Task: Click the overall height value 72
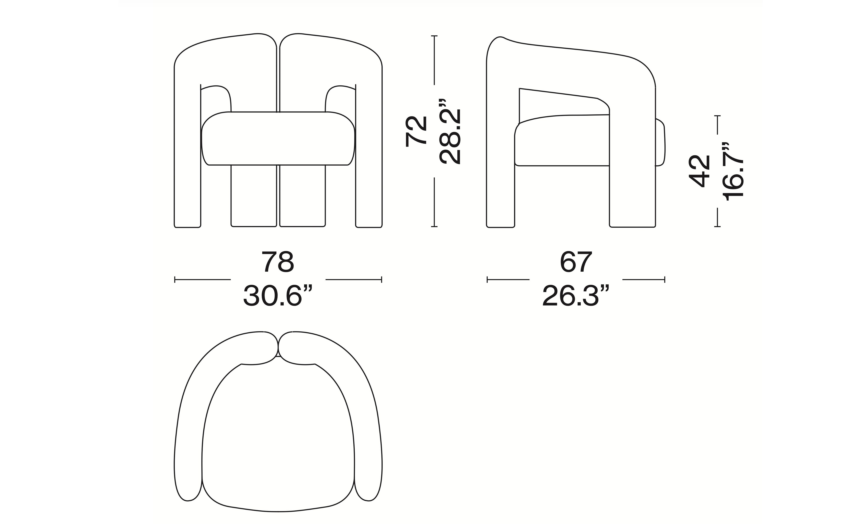point(416,131)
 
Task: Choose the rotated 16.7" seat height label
point(733,171)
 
